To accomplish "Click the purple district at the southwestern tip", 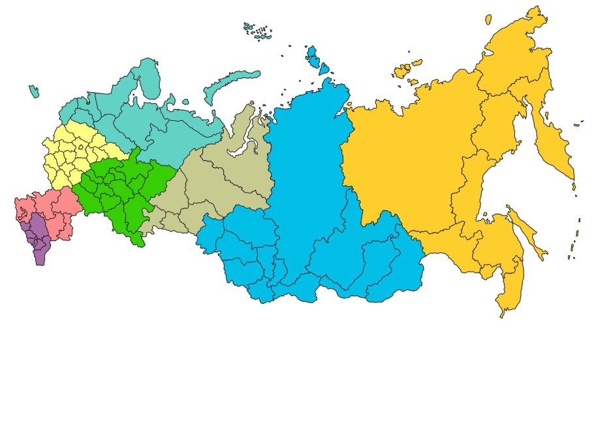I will (x=37, y=239).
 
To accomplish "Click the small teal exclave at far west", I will (x=33, y=91).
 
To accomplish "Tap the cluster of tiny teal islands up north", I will (x=258, y=31).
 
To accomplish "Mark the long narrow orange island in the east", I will (x=527, y=232).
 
